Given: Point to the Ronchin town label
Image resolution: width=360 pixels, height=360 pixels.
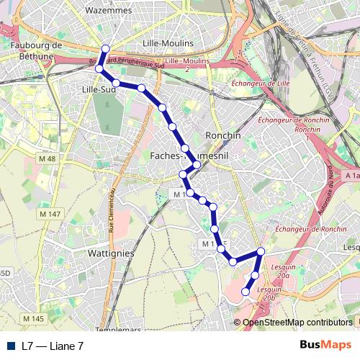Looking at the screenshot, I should [x=222, y=135].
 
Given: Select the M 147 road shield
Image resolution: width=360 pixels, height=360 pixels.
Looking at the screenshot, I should [x=50, y=214].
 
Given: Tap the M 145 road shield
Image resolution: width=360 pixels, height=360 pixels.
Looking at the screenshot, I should [x=33, y=318].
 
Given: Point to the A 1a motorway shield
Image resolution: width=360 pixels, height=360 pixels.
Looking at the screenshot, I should [x=352, y=176].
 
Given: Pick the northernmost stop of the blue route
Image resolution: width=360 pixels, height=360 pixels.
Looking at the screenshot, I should [x=104, y=49].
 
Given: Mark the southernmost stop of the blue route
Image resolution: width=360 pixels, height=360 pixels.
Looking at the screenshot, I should [x=246, y=292].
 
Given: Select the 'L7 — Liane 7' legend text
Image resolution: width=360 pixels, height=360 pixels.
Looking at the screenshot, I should [x=53, y=346].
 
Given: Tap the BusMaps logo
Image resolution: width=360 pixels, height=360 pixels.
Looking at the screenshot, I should [x=325, y=345].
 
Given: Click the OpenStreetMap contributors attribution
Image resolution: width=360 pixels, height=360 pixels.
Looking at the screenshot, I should [x=297, y=323].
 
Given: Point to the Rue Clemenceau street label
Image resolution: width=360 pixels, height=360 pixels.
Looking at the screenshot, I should [x=112, y=210].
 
